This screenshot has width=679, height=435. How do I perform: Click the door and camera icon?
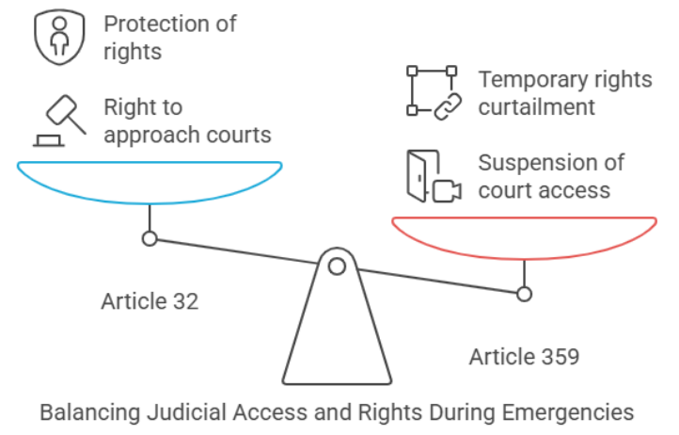coord(433,176)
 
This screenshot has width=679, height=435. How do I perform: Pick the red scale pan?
coord(524,236)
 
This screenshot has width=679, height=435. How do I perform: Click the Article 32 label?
coord(150,302)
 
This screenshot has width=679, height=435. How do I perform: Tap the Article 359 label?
coord(524,357)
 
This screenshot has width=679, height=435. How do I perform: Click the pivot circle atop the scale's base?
coord(337,266)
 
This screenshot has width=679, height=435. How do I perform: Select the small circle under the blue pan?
coord(149,238)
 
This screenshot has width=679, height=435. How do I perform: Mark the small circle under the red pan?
coord(525,294)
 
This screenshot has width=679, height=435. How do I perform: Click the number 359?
coord(559,357)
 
